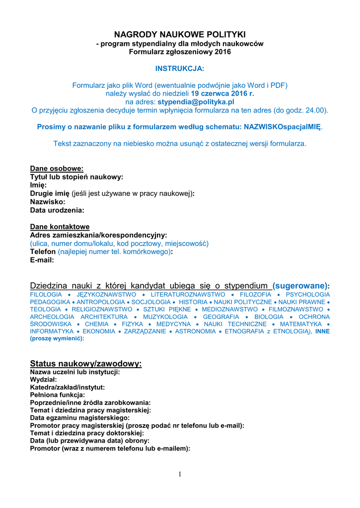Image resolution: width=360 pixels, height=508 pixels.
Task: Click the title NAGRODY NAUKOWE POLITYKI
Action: (180, 34)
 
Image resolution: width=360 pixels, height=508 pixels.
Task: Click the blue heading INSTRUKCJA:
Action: (180, 68)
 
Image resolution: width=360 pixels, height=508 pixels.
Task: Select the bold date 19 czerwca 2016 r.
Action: (223, 93)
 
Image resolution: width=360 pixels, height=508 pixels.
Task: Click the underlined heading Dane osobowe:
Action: (57, 169)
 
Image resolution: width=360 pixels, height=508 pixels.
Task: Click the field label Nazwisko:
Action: (48, 202)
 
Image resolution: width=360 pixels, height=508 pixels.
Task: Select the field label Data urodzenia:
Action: (57, 210)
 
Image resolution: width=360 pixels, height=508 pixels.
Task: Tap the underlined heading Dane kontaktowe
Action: (60, 227)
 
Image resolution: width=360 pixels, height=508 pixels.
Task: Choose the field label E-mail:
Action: (42, 260)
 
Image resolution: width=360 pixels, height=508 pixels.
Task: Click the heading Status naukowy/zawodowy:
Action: (86, 364)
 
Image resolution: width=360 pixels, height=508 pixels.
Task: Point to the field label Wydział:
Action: (44, 380)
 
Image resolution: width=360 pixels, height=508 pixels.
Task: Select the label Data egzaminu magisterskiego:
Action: (80, 418)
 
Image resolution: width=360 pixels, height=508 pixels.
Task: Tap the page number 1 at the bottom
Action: (180, 475)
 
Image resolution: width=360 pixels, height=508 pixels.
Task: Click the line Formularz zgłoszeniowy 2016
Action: (180, 52)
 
